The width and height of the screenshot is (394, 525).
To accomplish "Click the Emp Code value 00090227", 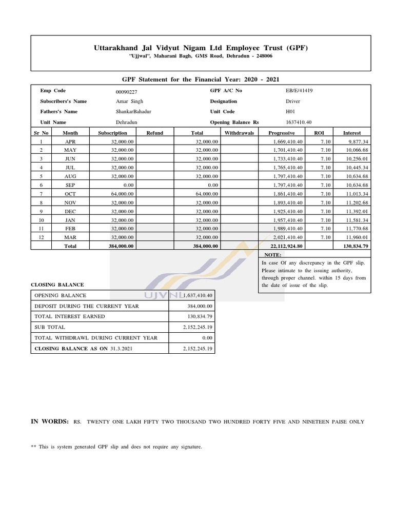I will click(x=127, y=91).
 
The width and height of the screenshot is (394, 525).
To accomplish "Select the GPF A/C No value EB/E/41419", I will click(x=299, y=91).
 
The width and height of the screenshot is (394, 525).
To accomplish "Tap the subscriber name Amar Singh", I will click(x=128, y=102).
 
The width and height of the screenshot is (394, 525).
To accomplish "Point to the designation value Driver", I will click(x=293, y=102).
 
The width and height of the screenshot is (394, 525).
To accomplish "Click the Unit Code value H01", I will click(x=290, y=112).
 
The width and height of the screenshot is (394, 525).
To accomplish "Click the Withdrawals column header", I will click(x=240, y=133).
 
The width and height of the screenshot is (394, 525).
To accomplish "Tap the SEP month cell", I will click(x=70, y=185).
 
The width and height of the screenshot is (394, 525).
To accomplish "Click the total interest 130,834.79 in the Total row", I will click(x=353, y=246).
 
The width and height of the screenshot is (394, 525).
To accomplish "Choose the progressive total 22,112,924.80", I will click(x=286, y=246).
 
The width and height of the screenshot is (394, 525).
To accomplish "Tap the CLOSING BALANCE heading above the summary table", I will click(x=57, y=285).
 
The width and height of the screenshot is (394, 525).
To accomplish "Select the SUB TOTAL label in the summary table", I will click(x=50, y=327).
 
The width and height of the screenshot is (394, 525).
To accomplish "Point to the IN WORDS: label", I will click(x=50, y=421).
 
